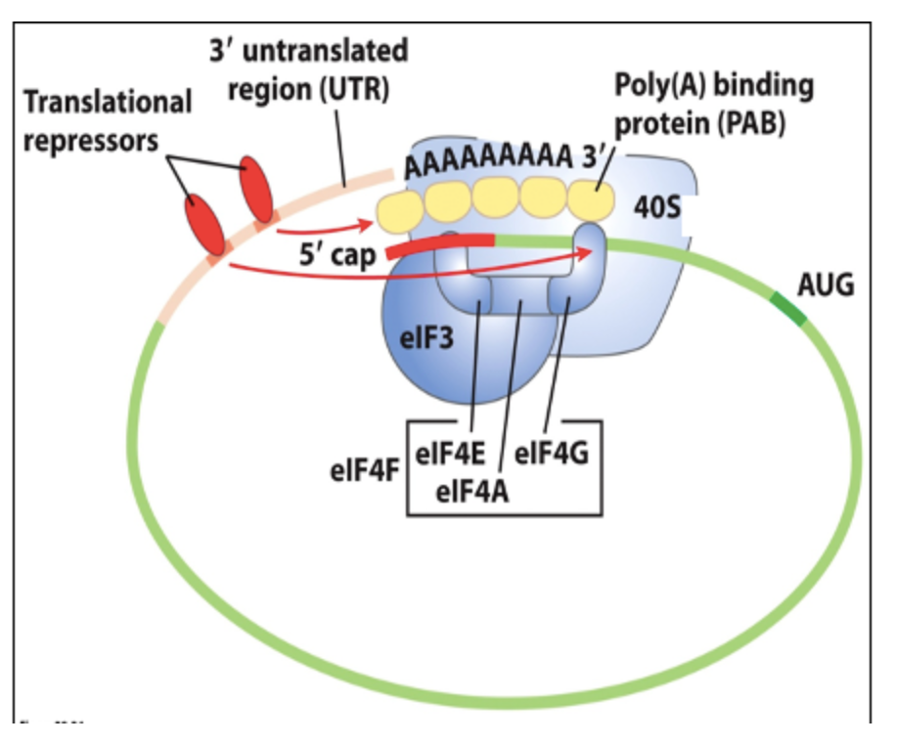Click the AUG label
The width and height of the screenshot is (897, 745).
826,285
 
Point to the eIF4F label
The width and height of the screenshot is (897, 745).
364,467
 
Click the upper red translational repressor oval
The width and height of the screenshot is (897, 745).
257,190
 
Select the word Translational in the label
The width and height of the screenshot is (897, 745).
108,101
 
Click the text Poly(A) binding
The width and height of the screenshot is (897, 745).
714,86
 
